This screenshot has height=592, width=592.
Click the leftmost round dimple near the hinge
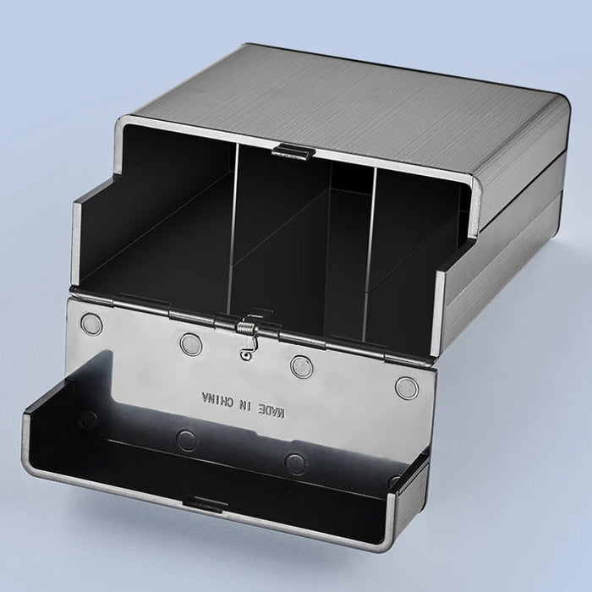pyautogui.click(x=90, y=324)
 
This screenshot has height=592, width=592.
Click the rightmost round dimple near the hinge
pyautogui.click(x=408, y=387)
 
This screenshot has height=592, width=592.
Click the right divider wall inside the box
pyautogui.click(x=370, y=245)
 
